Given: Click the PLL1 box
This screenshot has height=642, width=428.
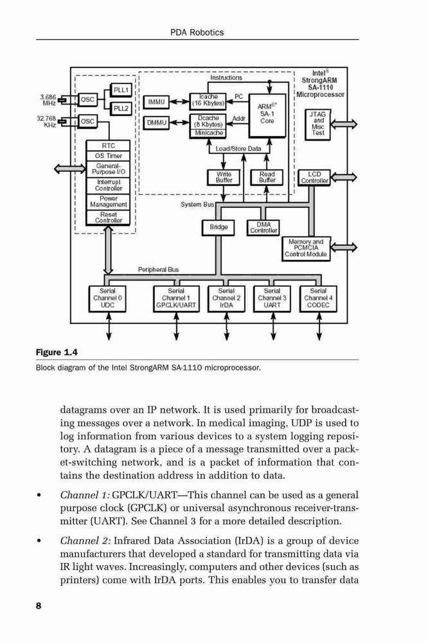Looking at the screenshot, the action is tap(121, 90).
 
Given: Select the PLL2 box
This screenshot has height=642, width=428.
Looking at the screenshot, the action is tap(121, 109).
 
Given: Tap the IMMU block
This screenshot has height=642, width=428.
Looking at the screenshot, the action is tap(156, 102).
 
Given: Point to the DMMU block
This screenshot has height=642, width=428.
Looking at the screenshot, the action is tap(156, 122).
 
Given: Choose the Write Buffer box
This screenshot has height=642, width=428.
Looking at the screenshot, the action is tap(224, 177).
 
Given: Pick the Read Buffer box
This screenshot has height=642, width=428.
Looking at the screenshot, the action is tap(267, 177).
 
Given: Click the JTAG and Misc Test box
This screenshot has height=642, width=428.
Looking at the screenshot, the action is tap(317, 125).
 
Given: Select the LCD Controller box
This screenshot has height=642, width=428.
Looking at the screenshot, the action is tap(314, 178).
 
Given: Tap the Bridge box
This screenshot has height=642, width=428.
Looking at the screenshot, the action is tap(218, 228).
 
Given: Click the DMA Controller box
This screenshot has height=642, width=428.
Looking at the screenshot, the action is tap(263, 228).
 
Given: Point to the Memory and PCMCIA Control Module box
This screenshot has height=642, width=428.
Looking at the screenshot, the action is tap(306, 248).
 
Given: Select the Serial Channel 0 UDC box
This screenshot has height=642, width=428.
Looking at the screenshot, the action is tap(107, 299).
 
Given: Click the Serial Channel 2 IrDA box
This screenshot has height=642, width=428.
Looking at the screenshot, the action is tap(226, 299).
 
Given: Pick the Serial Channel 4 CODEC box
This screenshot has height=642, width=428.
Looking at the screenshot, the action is tap(318, 299).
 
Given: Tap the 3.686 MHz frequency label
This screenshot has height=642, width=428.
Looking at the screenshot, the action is tap(48, 100).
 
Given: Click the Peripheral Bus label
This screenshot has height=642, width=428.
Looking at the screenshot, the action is tap(158, 270).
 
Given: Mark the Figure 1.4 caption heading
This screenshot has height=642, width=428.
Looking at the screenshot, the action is tap(57, 352).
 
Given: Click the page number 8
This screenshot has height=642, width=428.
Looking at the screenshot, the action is tap(39, 606).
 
